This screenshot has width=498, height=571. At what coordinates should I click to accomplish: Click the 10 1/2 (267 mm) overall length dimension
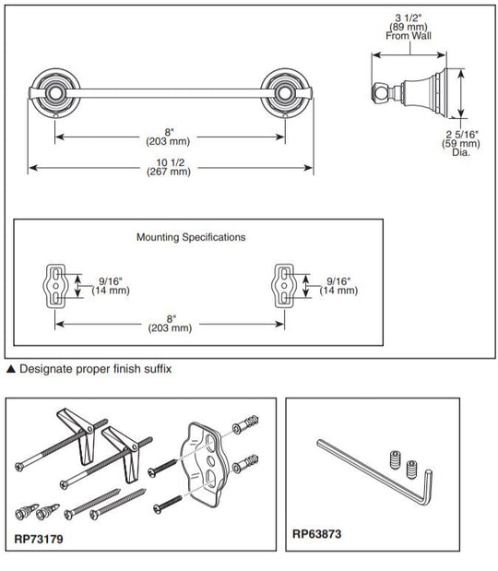click(169, 167)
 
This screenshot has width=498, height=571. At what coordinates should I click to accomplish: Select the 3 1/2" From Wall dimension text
click(409, 27)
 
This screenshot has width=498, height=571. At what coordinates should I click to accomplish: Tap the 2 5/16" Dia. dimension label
click(461, 144)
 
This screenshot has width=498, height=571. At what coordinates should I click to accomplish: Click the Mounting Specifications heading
click(191, 237)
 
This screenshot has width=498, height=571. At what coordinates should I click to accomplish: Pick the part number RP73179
click(39, 539)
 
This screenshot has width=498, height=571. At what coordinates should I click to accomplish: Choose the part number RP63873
click(317, 534)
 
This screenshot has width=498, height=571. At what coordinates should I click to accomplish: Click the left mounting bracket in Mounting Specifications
click(55, 286)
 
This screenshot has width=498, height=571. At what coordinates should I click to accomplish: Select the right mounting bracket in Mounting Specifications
click(284, 286)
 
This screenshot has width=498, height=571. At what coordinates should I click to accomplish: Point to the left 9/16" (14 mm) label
click(111, 286)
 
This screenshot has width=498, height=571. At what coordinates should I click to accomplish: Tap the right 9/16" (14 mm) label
click(338, 286)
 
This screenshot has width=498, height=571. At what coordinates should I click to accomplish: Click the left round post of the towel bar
click(55, 93)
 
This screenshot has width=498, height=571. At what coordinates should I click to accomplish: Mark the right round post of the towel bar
click(285, 93)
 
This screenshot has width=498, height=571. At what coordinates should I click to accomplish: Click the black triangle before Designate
click(11, 369)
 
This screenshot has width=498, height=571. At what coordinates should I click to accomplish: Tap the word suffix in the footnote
click(158, 369)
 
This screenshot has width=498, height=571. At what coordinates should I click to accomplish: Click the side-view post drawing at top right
click(409, 91)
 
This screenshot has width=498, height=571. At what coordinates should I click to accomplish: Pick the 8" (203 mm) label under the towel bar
click(168, 137)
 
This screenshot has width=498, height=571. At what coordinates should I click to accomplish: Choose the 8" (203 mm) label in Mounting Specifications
click(170, 324)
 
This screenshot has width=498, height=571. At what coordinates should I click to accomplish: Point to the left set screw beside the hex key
click(396, 460)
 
